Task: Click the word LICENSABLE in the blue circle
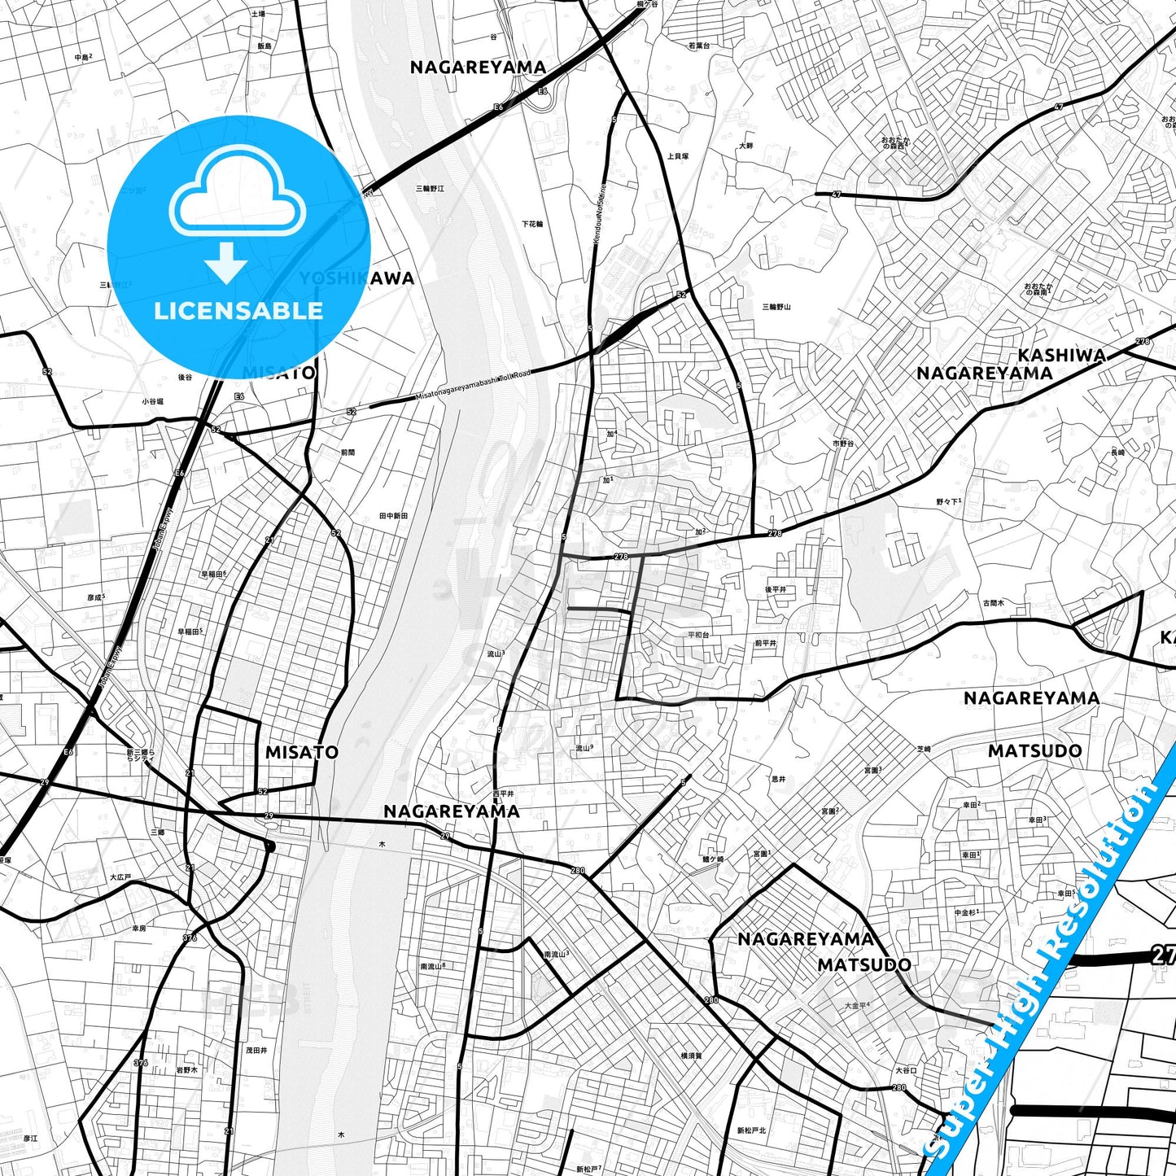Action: [238, 310]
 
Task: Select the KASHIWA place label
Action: [1061, 355]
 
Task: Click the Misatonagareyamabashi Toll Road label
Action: [472, 384]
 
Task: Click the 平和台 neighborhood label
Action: [698, 635]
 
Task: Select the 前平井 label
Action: [765, 643]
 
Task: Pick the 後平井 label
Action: [775, 589]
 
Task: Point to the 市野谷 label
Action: [843, 444]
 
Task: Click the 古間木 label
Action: [993, 603]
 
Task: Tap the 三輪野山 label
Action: [776, 307]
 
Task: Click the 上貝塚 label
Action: [677, 156]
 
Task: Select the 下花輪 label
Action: [532, 224]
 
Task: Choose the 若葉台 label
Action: [698, 46]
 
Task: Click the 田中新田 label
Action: [393, 516]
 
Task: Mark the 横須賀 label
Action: [691, 1056]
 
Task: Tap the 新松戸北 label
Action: [751, 1130]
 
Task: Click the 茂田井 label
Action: [256, 1051]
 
